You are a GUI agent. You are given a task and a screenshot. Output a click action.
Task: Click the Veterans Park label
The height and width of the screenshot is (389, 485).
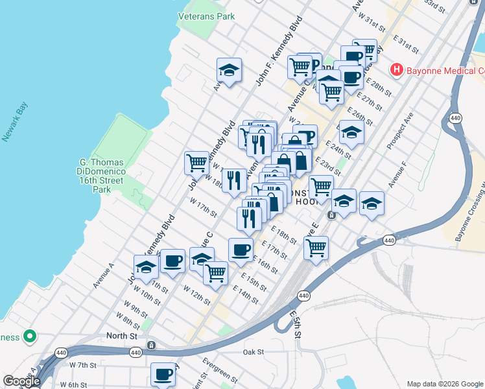click(206, 16)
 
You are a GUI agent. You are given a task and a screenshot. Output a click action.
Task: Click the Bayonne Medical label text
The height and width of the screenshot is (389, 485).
click(445, 71)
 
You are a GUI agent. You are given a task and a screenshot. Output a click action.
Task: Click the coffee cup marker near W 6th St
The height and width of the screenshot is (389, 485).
click(163, 374)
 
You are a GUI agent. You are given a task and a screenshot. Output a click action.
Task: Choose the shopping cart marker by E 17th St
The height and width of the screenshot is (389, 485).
click(316, 247)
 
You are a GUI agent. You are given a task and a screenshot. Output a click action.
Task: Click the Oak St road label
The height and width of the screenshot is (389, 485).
click(254, 352)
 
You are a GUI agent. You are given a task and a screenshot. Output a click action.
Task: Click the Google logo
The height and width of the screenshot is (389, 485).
click(21, 381)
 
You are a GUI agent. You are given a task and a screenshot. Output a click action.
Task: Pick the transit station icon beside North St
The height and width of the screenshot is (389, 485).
click(151, 345)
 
